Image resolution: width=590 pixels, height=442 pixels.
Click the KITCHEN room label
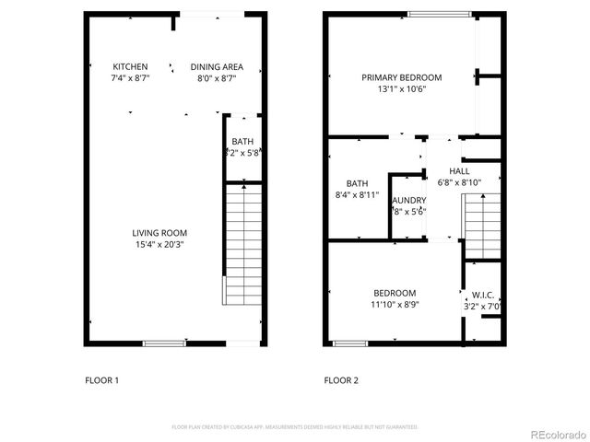(130, 67)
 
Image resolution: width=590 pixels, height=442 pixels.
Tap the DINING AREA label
(217, 67)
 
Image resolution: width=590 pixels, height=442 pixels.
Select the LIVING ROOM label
(159, 233)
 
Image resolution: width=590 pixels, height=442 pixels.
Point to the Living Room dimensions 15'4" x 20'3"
(159, 245)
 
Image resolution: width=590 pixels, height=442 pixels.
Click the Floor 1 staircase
(243, 243)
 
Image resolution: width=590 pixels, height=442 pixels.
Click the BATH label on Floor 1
(242, 141)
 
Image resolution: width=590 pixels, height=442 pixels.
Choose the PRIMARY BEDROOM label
(401, 77)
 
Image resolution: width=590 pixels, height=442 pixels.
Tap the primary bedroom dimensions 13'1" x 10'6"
(401, 89)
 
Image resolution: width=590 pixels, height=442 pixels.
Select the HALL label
(459, 171)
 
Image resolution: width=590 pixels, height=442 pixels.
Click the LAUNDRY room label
(408, 200)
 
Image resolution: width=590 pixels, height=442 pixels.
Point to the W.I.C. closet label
(480, 296)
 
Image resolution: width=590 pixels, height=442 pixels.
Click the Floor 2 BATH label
(357, 182)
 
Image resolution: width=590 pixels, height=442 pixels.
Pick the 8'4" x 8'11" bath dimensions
(357, 194)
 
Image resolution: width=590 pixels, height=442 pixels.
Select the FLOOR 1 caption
(101, 380)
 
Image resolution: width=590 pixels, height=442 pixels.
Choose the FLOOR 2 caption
(340, 380)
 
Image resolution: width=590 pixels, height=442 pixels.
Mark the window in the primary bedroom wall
(436, 13)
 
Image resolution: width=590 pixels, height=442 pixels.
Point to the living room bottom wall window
(164, 343)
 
